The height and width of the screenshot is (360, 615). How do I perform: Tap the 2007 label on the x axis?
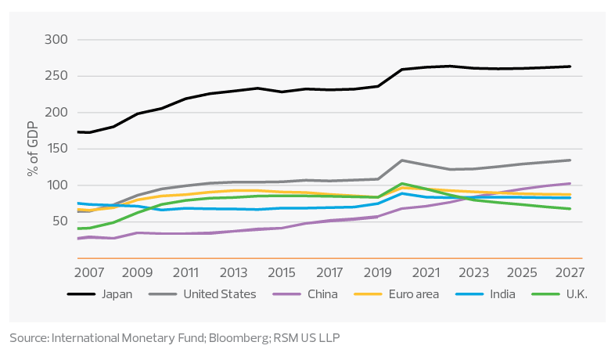coord(88,274)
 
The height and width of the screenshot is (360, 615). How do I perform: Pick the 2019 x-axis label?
coord(378,274)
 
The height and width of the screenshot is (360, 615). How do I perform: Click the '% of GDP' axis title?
coord(34,149)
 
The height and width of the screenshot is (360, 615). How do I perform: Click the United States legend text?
coord(219,294)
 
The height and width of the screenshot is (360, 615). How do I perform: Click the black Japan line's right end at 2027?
coord(570,67)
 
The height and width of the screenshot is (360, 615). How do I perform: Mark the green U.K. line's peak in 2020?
coord(402,184)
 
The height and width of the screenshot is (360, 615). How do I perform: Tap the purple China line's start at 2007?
coord(78,238)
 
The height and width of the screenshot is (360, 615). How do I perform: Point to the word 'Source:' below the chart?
coord(29,337)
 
